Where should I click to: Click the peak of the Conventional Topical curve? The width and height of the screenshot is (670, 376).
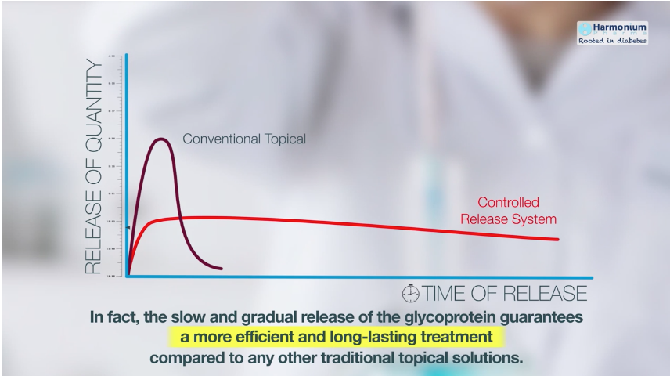point(161,139)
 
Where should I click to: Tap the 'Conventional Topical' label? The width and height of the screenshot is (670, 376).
point(243,139)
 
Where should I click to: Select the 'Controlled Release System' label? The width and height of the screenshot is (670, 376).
point(508,210)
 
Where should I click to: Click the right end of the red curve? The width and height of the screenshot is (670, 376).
point(557,239)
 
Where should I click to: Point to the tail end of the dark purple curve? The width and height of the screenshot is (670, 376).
point(221,268)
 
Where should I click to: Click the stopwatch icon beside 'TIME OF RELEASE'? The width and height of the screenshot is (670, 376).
point(410,294)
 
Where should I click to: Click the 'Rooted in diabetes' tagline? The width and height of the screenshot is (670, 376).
point(613,40)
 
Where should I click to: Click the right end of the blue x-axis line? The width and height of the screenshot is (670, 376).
point(592,277)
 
